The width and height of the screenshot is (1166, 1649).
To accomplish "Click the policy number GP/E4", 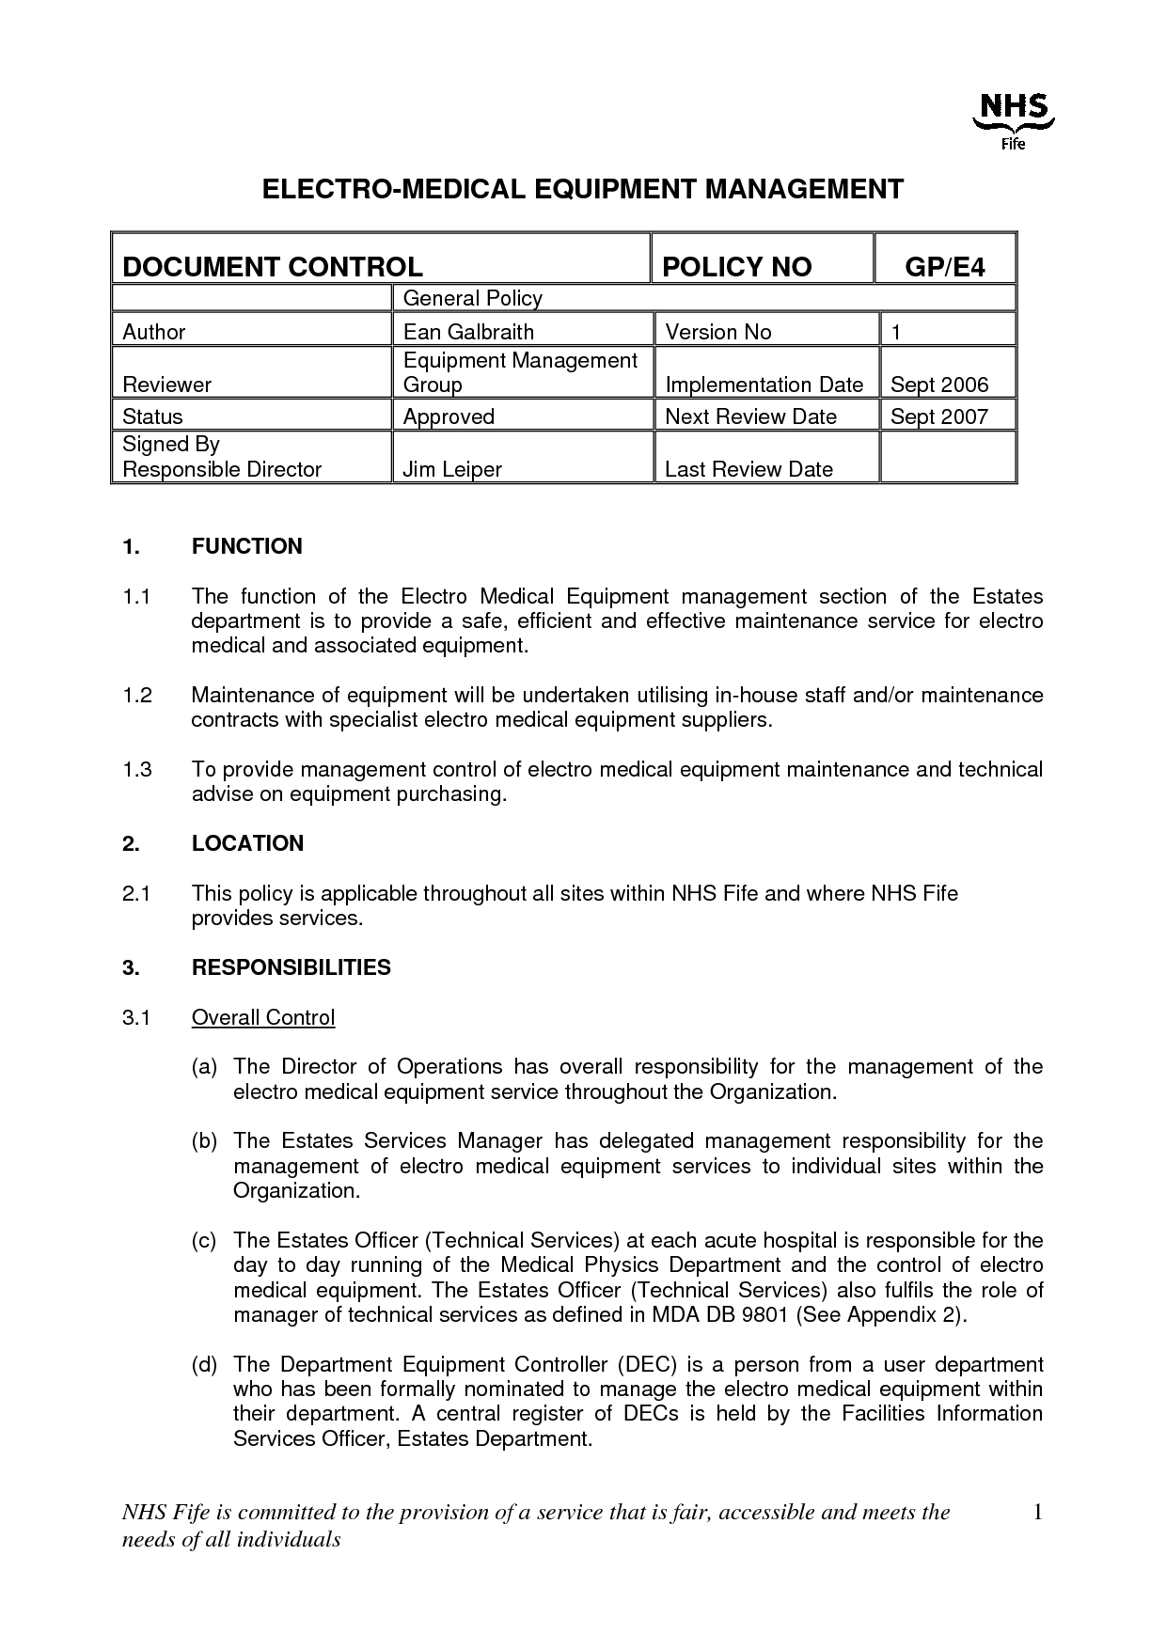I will tap(945, 267).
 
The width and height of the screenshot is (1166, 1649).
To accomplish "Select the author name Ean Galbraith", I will tap(468, 332).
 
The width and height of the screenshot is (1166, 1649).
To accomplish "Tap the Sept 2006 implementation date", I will tap(939, 385).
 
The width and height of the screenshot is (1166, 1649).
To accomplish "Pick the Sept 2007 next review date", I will tap(939, 416).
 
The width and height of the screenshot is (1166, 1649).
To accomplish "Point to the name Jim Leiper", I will tap(452, 469).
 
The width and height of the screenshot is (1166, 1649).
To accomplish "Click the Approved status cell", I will tap(449, 416).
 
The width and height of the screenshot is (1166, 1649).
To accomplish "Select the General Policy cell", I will tap(473, 299).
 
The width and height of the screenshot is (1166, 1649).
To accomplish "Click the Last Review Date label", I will tap(748, 469).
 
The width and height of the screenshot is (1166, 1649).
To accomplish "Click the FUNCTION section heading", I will tap(247, 546).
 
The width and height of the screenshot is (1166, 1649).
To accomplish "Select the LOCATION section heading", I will tap(247, 843).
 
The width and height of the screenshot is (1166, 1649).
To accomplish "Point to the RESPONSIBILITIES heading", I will tap(291, 967).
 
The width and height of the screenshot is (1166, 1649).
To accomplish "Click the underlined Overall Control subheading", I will tap(263, 1017).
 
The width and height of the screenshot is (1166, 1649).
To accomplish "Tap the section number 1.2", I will tap(137, 695).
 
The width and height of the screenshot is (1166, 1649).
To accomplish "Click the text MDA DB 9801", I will tap(714, 1314).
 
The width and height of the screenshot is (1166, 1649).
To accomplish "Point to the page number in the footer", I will tap(1038, 1513).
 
